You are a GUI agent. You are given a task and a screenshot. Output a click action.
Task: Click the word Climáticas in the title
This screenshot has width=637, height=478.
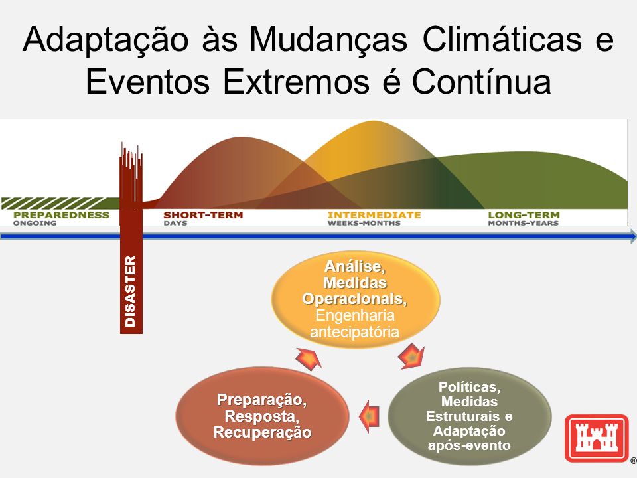point(502,40)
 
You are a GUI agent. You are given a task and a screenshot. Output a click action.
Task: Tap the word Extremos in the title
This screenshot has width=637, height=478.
point(296,82)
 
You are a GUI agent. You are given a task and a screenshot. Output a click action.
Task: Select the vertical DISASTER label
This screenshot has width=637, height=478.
point(131,291)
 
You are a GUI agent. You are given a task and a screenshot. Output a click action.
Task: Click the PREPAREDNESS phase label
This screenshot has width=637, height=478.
point(61,215)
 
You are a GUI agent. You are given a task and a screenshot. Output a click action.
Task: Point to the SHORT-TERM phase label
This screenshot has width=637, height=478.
point(203,215)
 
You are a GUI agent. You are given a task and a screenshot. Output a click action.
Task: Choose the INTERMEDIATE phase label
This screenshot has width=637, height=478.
point(374,215)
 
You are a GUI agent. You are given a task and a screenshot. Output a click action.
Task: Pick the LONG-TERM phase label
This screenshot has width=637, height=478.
point(524,215)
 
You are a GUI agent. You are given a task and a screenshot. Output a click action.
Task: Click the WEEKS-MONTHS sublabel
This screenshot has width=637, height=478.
point(364,223)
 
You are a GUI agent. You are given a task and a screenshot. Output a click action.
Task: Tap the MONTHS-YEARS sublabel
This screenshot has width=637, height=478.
point(524,223)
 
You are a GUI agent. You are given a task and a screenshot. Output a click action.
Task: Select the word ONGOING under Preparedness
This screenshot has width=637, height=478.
point(35,223)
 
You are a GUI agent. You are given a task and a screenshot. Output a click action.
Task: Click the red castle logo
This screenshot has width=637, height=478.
point(597,438)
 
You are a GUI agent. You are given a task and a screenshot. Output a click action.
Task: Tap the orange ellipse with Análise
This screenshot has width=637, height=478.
point(356,299)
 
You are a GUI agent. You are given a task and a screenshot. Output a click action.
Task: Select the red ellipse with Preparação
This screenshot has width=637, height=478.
point(263,416)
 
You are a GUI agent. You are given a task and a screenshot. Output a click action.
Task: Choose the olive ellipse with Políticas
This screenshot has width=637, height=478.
point(469,416)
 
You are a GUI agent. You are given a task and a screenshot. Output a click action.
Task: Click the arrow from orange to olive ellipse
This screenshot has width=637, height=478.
point(411,356)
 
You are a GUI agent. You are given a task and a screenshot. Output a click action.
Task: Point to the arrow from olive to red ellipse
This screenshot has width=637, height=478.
point(370,416)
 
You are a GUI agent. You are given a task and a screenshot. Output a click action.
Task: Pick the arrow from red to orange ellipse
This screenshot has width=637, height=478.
point(309,358)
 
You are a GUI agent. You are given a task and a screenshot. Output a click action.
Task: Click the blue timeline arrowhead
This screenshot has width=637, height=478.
point(633,236)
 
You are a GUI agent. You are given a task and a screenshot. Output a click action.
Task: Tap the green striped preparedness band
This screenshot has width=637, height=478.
point(60,203)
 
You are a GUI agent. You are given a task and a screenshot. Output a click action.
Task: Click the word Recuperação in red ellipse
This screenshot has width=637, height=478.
point(263,432)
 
